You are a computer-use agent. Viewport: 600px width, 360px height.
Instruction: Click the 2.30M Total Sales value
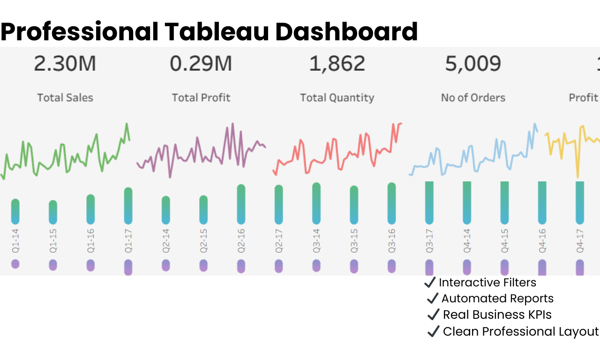65,64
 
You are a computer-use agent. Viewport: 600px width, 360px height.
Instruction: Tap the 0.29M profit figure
201,64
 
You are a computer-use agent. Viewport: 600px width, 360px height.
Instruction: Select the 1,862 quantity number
337,64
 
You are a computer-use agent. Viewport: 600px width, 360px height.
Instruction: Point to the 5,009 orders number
473,64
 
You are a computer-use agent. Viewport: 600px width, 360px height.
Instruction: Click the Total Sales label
65,97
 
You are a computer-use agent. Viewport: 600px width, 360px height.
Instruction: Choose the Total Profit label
201,97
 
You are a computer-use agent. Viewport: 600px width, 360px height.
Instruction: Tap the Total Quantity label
337,97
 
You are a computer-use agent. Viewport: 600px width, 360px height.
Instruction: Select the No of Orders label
473,97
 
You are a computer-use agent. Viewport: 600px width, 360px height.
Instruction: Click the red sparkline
337,152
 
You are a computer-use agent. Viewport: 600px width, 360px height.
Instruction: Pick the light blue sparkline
473,157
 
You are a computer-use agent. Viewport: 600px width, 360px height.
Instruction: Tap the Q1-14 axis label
15,242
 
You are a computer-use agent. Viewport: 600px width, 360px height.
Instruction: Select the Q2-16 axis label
241,242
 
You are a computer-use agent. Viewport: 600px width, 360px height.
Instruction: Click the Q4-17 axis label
580,242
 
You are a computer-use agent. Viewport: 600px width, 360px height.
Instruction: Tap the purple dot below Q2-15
203,265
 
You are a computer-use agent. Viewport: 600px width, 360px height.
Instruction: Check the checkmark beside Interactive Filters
430,282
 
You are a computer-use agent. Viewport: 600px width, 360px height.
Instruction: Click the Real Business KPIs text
497,315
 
